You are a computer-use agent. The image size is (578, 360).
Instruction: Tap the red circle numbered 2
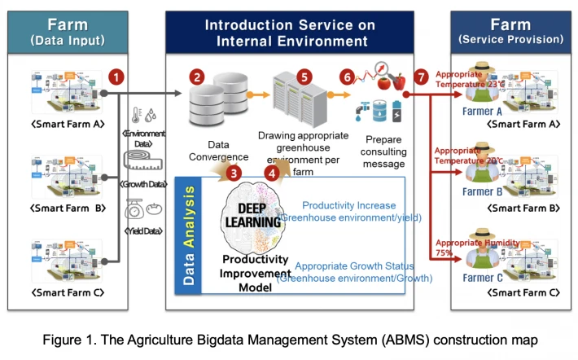coord(197,78)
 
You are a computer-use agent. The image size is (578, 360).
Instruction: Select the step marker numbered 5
coord(304,77)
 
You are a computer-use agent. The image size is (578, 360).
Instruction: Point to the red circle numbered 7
coord(420,77)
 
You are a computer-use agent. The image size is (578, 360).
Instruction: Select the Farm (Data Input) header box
coord(68,31)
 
